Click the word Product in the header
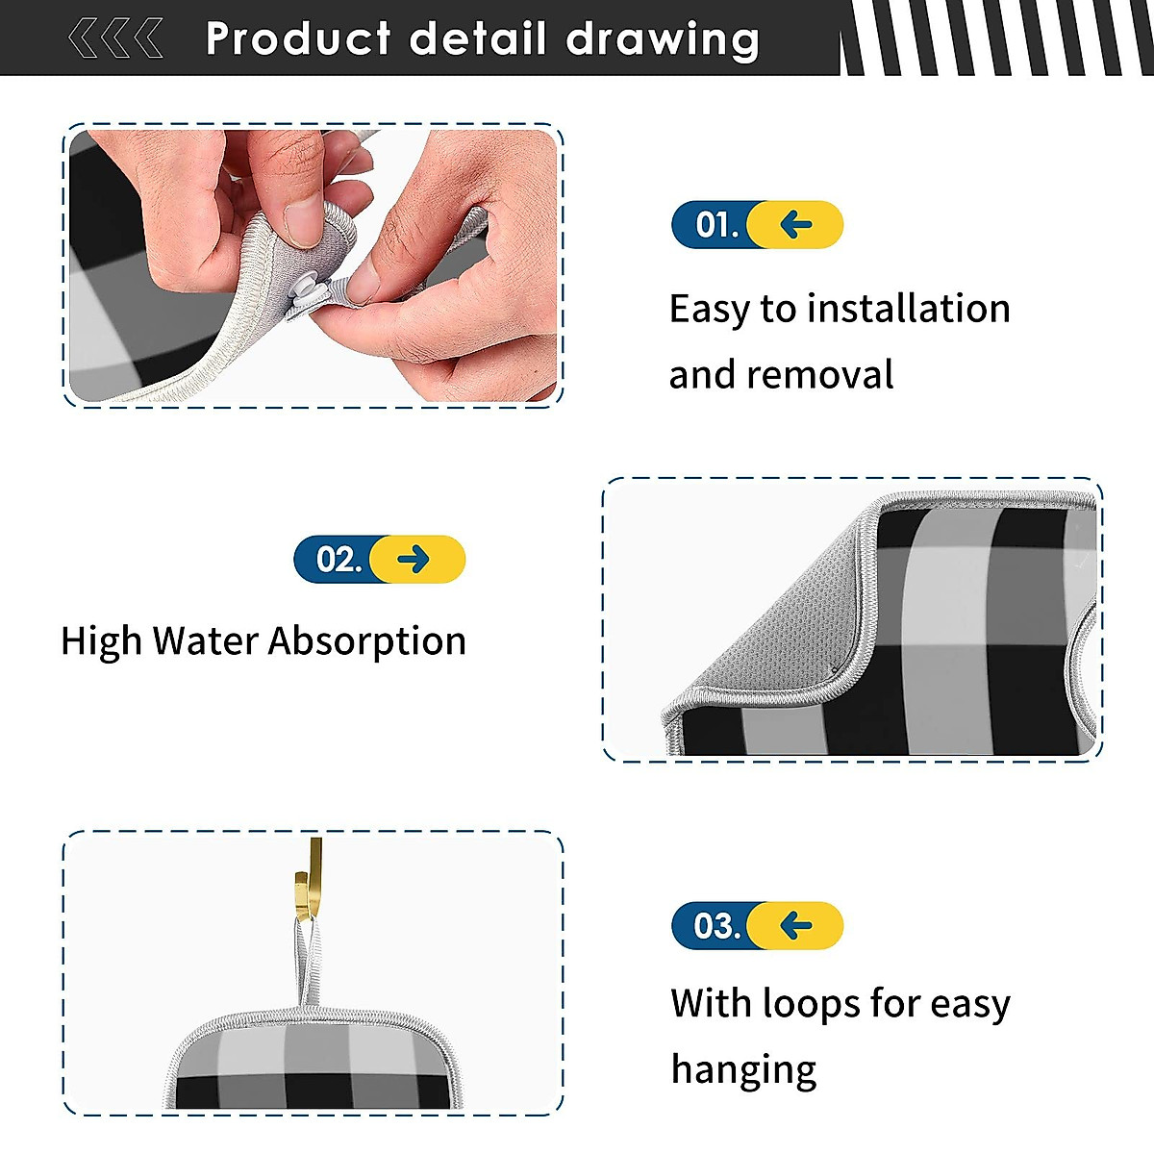[297, 39]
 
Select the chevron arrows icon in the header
[114, 39]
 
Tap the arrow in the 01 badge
[796, 225]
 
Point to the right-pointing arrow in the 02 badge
[414, 560]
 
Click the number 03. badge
[716, 925]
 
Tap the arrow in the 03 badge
[796, 925]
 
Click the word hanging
[743, 1068]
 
